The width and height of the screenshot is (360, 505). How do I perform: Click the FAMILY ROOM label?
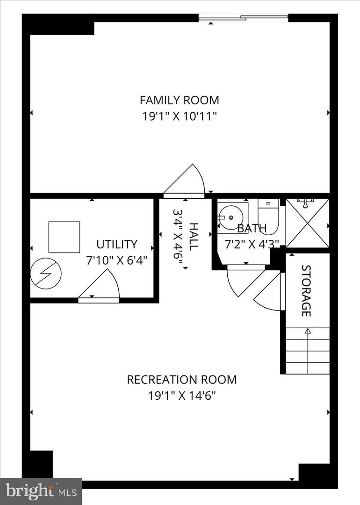180,100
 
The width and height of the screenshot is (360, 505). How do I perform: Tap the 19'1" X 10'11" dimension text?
180,116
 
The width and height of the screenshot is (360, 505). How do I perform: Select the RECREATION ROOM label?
181,379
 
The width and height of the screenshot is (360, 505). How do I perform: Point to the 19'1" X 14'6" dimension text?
181,396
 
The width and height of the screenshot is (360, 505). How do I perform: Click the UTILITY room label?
117,244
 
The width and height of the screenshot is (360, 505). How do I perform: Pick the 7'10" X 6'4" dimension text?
117,260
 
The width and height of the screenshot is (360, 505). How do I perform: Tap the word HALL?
193,237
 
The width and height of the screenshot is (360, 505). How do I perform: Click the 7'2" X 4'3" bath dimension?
252,244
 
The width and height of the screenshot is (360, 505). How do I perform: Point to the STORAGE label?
306,290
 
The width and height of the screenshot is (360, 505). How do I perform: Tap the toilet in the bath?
268,216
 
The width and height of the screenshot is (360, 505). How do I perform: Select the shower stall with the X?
307,223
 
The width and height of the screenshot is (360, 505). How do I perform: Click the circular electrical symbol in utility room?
46,274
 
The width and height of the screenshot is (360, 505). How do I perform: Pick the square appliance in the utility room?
64,237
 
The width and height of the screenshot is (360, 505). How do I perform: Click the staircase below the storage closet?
307,351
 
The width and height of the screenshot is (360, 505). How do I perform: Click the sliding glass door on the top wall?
243,18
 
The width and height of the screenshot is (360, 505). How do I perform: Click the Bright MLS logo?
41,491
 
